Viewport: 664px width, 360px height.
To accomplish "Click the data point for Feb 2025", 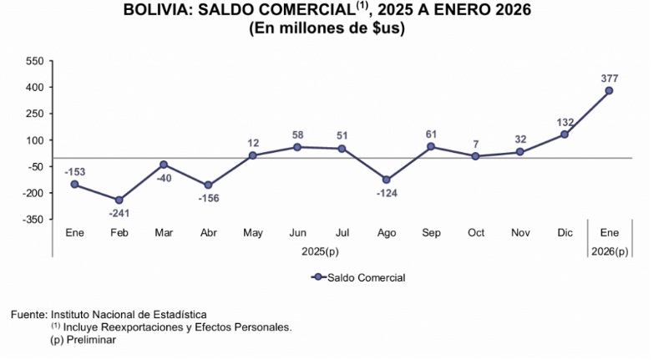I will click(x=119, y=200).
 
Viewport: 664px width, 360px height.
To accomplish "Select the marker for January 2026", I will click(x=610, y=90).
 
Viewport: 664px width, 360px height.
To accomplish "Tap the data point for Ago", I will click(x=387, y=180).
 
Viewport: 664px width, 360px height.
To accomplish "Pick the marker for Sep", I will click(x=431, y=146).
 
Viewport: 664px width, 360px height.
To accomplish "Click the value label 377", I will click(x=610, y=78).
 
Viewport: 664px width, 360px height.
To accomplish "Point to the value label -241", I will click(x=119, y=213).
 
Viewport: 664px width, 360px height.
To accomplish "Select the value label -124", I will click(x=387, y=193).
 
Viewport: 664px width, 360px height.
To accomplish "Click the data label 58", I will click(x=297, y=134).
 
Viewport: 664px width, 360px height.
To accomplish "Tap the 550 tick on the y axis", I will click(x=34, y=61).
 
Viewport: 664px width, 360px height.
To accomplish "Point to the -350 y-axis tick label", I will click(x=33, y=219).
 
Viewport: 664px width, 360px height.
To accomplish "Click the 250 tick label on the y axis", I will click(x=34, y=114).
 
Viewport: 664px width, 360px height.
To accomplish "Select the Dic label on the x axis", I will click(x=565, y=232).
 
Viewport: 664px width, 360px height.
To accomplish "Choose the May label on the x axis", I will click(x=253, y=232).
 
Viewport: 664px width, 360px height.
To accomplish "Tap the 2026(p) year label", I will click(x=610, y=250).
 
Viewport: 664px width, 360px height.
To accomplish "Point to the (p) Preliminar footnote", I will click(x=83, y=340).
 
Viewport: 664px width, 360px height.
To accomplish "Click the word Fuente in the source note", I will click(x=28, y=314).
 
